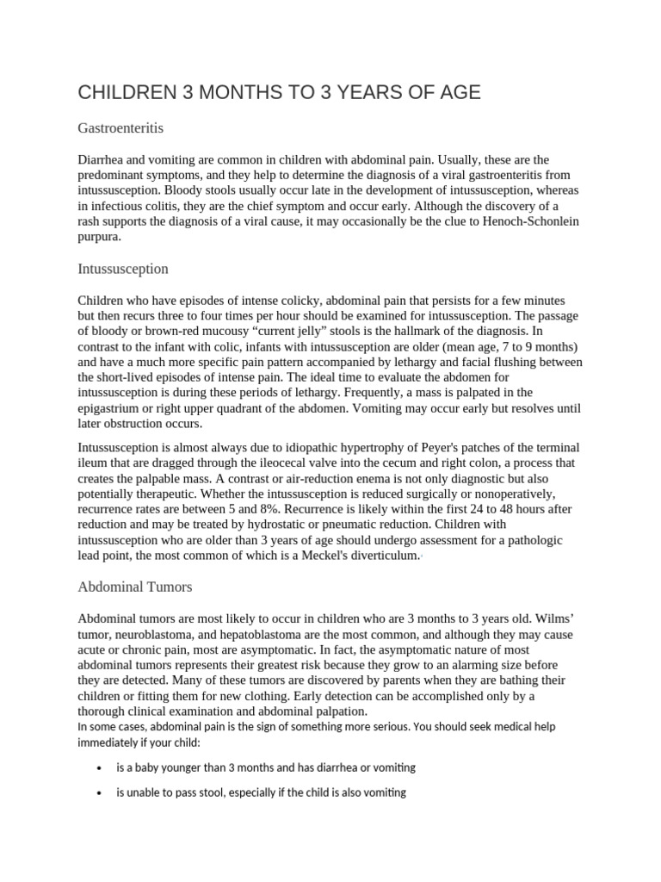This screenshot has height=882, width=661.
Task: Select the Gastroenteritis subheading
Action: tap(120, 128)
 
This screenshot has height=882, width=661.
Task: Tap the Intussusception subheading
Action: tap(123, 269)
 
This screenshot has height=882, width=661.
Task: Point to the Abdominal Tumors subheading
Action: tap(135, 587)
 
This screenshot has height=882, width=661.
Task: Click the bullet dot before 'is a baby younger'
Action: tap(101, 767)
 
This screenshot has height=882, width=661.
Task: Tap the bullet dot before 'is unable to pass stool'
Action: tap(101, 793)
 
